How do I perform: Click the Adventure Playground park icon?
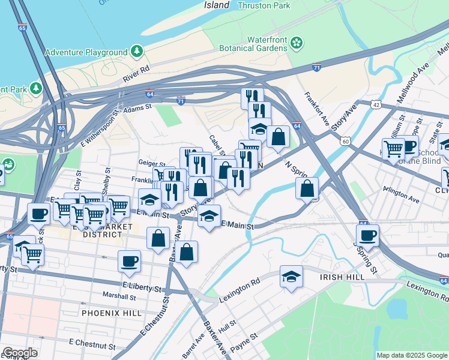pyautogui.click(x=137, y=52)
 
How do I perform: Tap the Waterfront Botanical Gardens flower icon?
pyautogui.click(x=295, y=43)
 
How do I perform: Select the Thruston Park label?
pyautogui.click(x=264, y=5)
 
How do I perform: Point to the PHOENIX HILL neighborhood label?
pyautogui.click(x=111, y=313)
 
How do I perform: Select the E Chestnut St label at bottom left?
pyautogui.click(x=92, y=344)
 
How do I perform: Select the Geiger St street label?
pyautogui.click(x=151, y=163)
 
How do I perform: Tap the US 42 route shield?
pyautogui.click(x=376, y=104)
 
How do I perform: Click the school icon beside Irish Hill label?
pyautogui.click(x=291, y=277)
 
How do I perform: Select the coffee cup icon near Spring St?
pyautogui.click(x=367, y=235)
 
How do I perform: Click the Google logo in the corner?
pyautogui.click(x=20, y=353)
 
